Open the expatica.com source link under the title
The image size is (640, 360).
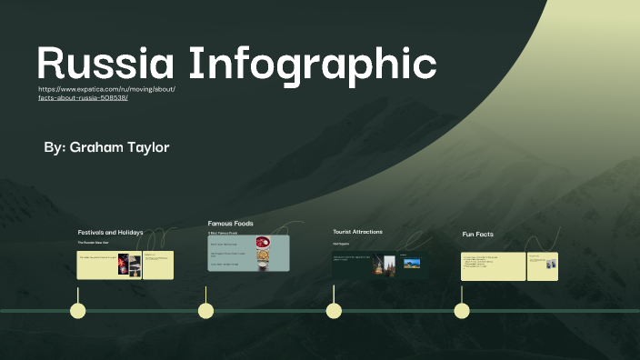click(x=106, y=94)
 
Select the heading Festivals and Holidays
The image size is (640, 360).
click(x=110, y=232)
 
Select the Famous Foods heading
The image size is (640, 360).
click(x=230, y=223)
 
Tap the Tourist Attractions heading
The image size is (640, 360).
click(x=357, y=232)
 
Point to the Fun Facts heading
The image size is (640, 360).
click(x=477, y=235)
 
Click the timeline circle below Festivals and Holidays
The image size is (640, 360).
click(x=78, y=311)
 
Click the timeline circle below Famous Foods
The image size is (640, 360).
click(x=206, y=311)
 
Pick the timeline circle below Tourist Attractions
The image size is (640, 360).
click(x=334, y=311)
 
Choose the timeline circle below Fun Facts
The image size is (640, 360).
click(x=462, y=311)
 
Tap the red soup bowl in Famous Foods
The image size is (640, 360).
click(x=263, y=243)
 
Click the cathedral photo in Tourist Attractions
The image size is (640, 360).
click(x=389, y=265)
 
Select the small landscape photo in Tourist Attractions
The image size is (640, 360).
click(x=412, y=264)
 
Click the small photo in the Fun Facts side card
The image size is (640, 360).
click(x=551, y=265)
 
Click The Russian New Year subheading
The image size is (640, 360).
click(x=93, y=243)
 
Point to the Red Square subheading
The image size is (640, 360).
click(x=341, y=244)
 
